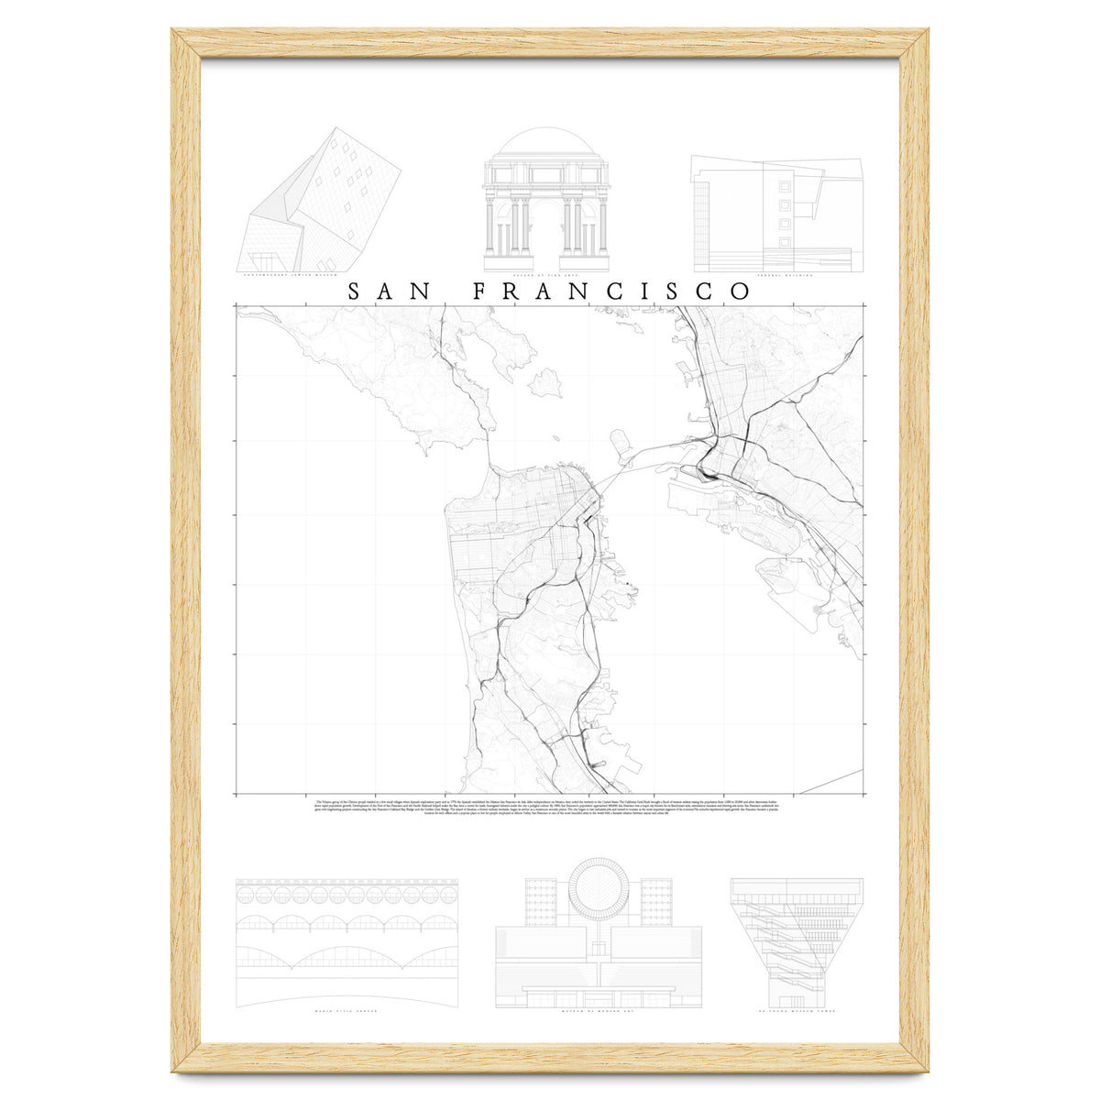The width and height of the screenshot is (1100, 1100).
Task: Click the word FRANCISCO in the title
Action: (x=612, y=291)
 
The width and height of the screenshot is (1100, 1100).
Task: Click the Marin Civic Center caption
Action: (x=346, y=1014)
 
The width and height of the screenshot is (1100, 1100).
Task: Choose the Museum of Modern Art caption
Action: (x=599, y=1014)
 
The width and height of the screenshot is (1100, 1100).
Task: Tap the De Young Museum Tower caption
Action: (x=797, y=1014)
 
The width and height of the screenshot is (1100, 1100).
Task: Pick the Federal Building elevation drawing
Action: (x=776, y=215)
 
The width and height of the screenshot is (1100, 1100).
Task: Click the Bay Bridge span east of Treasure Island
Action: (x=665, y=449)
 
